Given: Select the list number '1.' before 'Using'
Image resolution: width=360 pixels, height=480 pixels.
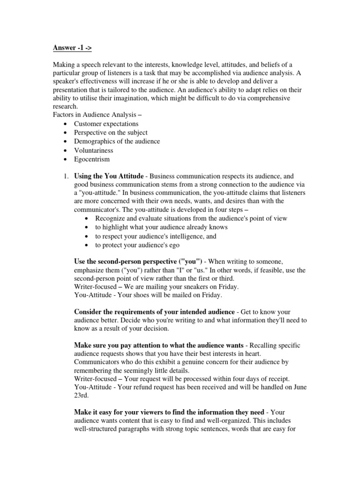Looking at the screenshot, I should pos(66,176).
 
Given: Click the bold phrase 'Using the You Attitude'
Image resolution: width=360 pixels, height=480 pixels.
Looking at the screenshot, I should pos(109,176).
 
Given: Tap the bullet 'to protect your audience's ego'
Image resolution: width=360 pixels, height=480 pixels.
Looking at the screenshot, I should pos(137,245).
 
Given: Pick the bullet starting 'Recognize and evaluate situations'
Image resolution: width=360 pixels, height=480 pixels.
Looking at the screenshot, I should pos(191,218).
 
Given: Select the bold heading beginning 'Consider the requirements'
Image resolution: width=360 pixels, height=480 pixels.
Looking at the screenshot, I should pos(155,312).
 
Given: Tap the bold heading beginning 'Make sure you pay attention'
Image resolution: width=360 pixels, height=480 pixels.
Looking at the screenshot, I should pos(159,345).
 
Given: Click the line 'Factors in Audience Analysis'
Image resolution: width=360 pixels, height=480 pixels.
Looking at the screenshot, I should pos(103,115).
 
